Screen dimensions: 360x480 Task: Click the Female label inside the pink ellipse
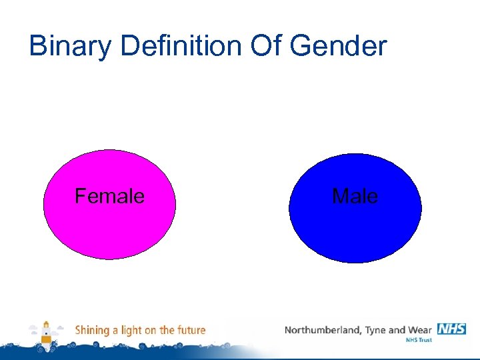coord(109,196)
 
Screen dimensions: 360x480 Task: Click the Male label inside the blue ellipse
coord(355,197)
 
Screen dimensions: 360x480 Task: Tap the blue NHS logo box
coord(451,329)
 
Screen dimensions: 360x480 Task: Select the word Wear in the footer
coord(419,330)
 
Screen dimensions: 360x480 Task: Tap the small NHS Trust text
coord(419,341)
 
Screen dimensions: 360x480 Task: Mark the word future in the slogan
coord(191,330)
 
